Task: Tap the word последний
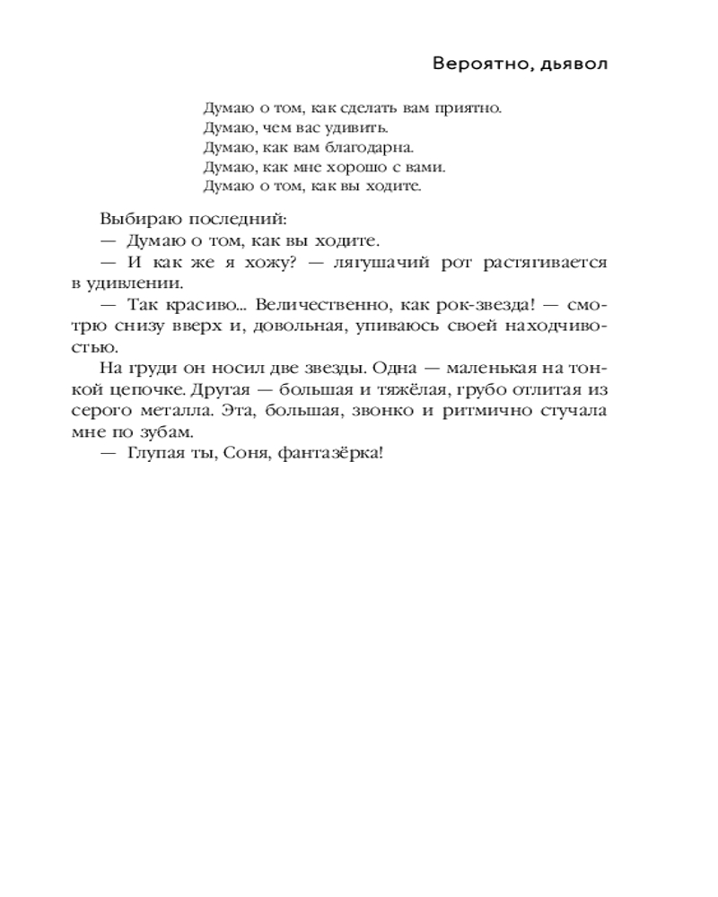(231, 219)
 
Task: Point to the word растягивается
(545, 263)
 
